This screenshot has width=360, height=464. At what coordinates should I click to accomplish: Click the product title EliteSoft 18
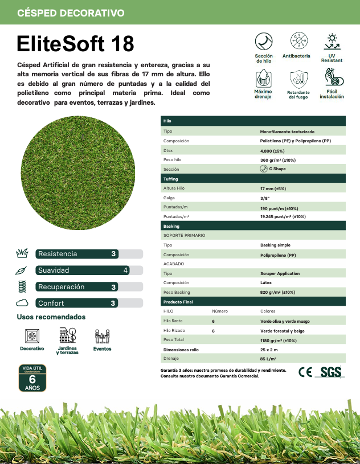click(x=76, y=43)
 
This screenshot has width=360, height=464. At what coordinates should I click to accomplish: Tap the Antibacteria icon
click(x=296, y=41)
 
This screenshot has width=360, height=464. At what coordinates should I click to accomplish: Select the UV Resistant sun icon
click(x=332, y=41)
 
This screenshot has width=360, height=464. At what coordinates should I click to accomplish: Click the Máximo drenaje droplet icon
click(x=263, y=77)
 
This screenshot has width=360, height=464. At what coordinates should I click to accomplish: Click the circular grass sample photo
click(x=79, y=171)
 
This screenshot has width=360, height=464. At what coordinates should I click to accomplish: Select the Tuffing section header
click(x=171, y=179)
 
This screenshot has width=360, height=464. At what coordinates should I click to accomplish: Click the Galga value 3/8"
click(x=265, y=198)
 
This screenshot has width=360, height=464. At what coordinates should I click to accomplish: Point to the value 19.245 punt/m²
click(x=283, y=217)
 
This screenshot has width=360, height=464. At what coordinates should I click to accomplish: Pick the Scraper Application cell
click(x=280, y=273)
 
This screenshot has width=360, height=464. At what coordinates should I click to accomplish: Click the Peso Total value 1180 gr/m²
click(x=278, y=340)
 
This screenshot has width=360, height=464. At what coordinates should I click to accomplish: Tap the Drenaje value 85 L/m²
click(x=268, y=359)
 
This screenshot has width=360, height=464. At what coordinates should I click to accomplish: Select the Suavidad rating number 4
click(x=125, y=270)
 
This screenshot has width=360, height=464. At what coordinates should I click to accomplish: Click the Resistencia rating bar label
click(x=58, y=254)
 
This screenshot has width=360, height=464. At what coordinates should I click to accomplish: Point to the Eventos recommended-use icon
click(x=103, y=336)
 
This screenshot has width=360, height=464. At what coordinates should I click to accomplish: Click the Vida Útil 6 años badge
click(x=33, y=379)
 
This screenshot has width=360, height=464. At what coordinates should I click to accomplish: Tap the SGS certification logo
click(x=330, y=372)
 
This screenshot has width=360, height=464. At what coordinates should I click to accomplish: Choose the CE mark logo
click(x=305, y=372)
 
